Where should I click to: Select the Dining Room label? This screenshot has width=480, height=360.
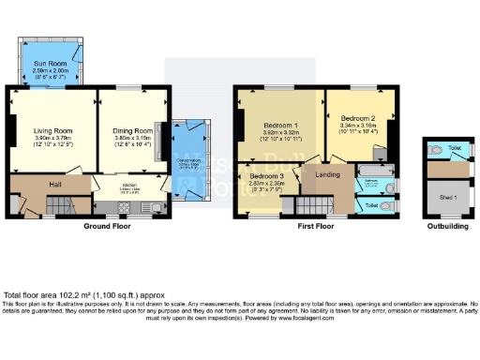click(x=131, y=130)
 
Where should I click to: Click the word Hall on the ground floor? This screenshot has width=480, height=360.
click(x=55, y=184)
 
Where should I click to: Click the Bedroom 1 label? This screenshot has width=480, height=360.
click(x=279, y=125)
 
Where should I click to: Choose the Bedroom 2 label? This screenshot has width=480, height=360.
click(x=358, y=119)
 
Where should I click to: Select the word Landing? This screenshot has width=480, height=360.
click(x=328, y=174)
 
